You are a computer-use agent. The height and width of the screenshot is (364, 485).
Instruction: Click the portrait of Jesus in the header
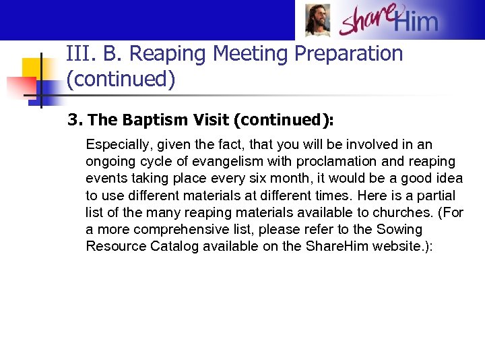coord(317,20)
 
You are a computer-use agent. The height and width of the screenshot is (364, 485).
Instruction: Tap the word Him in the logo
coord(416,22)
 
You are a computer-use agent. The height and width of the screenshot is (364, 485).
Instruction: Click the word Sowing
coord(400,229)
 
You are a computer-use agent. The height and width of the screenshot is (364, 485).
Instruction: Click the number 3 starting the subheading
coord(72,120)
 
